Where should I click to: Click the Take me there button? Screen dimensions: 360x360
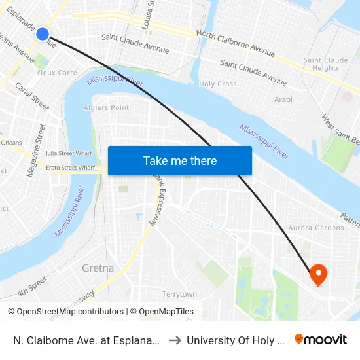point(179,160)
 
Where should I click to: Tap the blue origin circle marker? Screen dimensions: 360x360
point(43,34)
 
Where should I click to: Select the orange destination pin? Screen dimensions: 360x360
point(319,274)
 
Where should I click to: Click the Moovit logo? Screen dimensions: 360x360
point(321,340)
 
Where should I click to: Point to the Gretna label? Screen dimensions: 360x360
point(98,268)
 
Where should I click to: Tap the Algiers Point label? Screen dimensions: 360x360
point(107,107)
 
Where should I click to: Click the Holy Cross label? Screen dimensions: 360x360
point(218,84)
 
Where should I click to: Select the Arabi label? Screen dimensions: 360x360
point(283,99)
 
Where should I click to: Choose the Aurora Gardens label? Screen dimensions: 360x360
point(316,228)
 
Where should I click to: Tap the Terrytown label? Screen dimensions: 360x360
point(179,294)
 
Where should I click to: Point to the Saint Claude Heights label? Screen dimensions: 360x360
point(326,64)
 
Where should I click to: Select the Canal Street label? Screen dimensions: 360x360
point(32,96)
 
